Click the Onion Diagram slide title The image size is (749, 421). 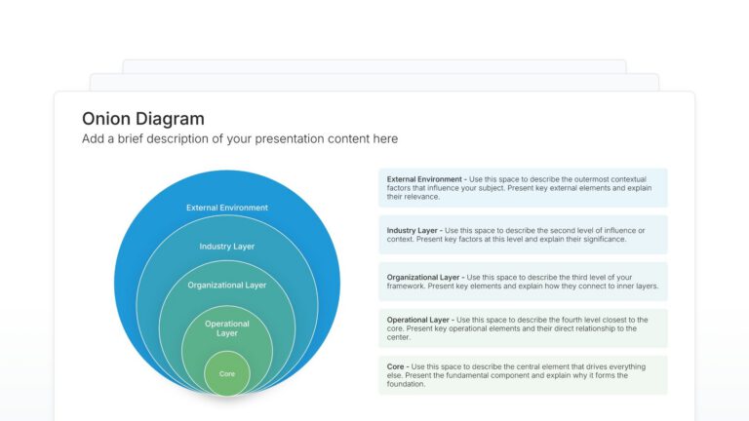[143, 119]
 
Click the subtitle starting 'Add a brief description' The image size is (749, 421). [240, 139]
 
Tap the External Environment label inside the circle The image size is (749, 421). [227, 208]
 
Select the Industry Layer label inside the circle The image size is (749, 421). [227, 247]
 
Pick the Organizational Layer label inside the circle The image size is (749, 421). [227, 286]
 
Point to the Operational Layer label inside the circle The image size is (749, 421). [227, 328]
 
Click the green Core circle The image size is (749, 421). [227, 374]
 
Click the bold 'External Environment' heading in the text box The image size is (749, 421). [424, 179]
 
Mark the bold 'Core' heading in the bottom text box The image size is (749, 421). [396, 366]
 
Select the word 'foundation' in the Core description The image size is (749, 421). [406, 384]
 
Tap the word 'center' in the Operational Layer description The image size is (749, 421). [400, 337]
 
